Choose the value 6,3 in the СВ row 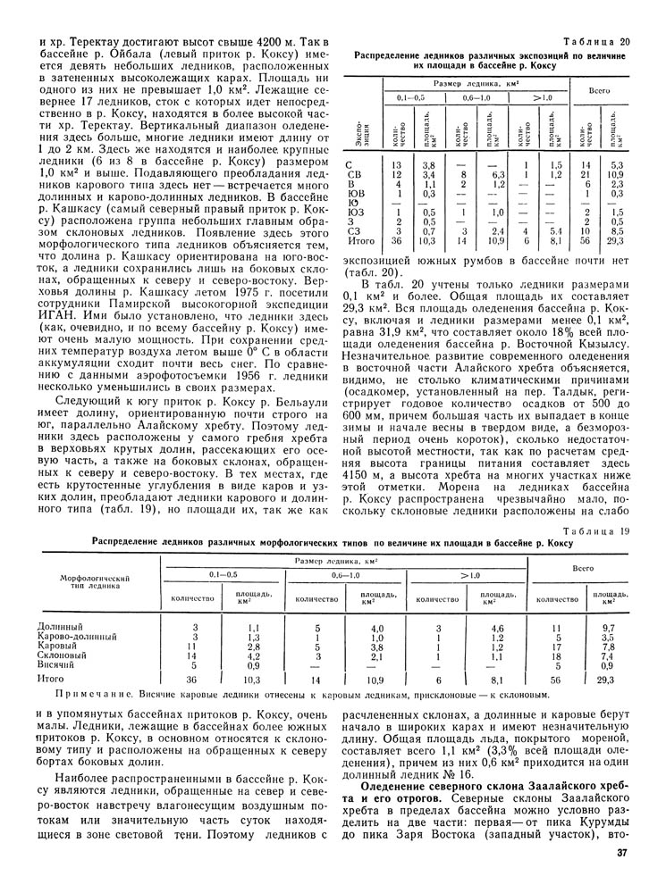(x=499, y=174)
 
